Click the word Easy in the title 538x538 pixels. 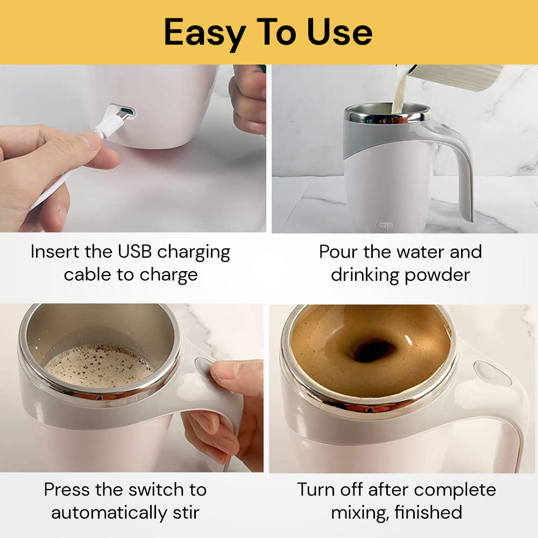[x=204, y=32]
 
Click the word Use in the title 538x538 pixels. [x=340, y=32]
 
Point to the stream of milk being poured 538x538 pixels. [x=399, y=94]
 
